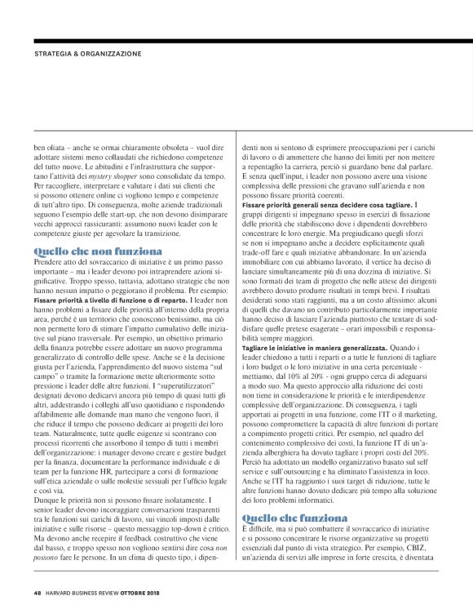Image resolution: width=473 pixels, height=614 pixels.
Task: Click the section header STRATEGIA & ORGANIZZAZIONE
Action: [87, 54]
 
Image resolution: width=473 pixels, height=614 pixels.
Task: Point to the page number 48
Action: [38, 593]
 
